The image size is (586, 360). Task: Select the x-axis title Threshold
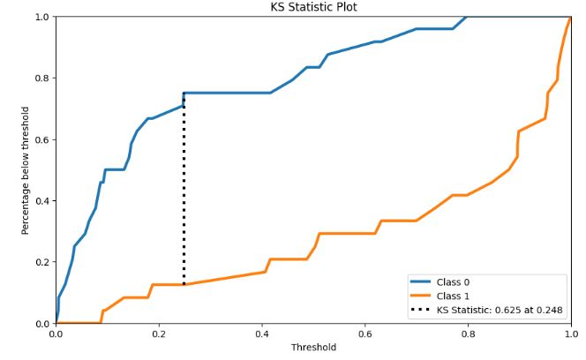(x=313, y=347)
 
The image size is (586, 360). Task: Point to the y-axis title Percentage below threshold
(x=26, y=170)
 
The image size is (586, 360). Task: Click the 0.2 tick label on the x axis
(x=159, y=334)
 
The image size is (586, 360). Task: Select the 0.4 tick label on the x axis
(x=262, y=334)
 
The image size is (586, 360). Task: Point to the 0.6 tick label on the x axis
(x=364, y=334)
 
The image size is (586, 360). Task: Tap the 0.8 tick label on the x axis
(x=468, y=334)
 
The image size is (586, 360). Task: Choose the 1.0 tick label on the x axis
(x=570, y=334)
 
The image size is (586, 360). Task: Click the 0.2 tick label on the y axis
(x=42, y=262)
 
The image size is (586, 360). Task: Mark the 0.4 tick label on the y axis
(x=42, y=201)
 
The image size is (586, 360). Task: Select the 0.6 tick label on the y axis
(x=42, y=139)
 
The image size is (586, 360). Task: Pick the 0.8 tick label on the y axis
(x=42, y=79)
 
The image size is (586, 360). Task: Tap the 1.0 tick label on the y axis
(x=42, y=17)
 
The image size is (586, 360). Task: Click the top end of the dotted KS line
(x=184, y=94)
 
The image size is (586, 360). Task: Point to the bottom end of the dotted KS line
(x=184, y=285)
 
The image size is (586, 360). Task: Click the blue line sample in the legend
(x=420, y=282)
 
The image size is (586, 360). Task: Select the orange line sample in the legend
(x=420, y=296)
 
